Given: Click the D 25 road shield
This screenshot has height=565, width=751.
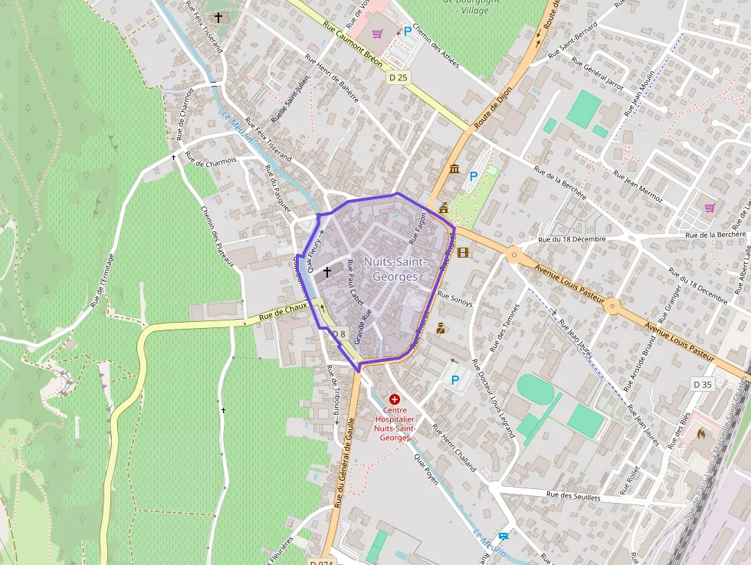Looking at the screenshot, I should (x=398, y=77).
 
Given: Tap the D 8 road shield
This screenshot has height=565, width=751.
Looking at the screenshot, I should (x=339, y=334).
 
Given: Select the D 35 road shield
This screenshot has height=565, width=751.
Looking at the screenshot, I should (x=702, y=384).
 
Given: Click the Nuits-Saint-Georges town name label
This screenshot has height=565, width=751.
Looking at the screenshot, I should (x=391, y=269).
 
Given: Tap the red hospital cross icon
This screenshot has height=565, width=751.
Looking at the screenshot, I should (x=394, y=399).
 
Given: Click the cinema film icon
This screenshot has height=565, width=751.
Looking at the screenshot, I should (x=463, y=252).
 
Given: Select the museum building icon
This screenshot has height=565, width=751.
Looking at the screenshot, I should (x=454, y=169).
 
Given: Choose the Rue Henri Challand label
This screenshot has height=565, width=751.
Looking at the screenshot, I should (x=454, y=448).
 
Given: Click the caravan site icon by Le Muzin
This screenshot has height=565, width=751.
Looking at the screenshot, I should (x=503, y=536).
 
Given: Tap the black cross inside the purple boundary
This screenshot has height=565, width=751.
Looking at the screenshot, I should (x=327, y=271).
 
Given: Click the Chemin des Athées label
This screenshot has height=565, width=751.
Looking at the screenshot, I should (x=435, y=45).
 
